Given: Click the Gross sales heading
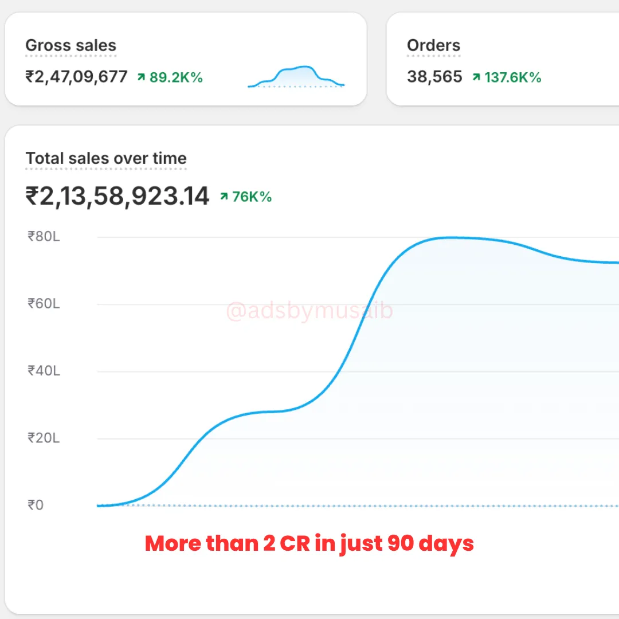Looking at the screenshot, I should (70, 46).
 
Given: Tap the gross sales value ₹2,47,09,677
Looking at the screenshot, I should (76, 77).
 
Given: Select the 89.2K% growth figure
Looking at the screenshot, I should (176, 77).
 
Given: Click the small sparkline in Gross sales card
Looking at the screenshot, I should (296, 77).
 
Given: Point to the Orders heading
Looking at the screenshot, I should (433, 46).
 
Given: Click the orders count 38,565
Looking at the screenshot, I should (434, 77).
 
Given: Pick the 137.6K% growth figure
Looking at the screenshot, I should (512, 77).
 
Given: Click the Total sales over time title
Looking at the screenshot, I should (106, 159).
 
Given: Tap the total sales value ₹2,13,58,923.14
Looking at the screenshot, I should (117, 197).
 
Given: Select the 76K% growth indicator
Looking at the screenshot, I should (252, 197).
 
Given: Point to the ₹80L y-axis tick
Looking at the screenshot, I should (44, 236).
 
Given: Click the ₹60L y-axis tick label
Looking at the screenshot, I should (44, 303).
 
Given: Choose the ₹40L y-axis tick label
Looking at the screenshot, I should (44, 371).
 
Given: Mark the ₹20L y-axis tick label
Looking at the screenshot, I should (44, 438).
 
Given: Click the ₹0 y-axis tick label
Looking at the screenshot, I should (36, 506).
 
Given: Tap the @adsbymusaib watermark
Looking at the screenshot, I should (309, 312).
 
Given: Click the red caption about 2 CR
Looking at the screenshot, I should (309, 543).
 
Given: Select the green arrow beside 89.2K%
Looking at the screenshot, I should (141, 77).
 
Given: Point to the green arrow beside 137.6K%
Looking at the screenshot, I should (476, 77).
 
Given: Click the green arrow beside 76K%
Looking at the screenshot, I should (224, 197).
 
